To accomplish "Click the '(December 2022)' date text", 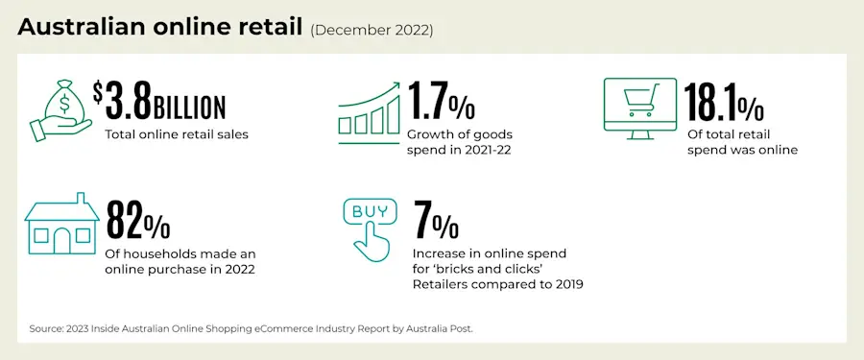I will coord(372,30).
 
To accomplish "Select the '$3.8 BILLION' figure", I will coord(160,104).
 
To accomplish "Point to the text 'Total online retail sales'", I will coord(177,134).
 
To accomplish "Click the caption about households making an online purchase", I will coord(180,261).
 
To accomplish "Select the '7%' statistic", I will coord(435,220).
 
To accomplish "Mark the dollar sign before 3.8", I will coord(98,92).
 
